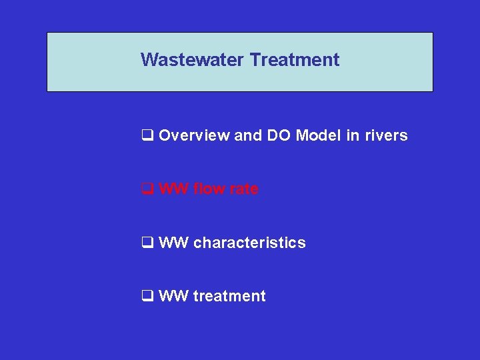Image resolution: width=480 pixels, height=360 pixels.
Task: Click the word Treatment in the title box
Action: click(x=295, y=60)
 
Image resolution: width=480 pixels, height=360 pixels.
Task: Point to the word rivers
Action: click(x=385, y=136)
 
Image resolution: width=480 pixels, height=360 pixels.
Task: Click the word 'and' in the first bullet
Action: click(x=248, y=136)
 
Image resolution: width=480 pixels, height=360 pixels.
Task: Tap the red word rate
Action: click(x=244, y=189)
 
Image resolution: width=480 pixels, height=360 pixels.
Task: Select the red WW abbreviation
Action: click(x=174, y=189)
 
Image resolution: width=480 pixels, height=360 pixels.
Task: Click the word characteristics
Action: click(x=249, y=243)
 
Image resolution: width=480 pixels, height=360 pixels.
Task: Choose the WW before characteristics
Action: click(x=174, y=243)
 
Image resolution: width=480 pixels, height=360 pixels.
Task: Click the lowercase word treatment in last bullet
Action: click(x=229, y=296)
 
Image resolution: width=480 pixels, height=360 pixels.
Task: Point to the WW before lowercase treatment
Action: click(x=174, y=296)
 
